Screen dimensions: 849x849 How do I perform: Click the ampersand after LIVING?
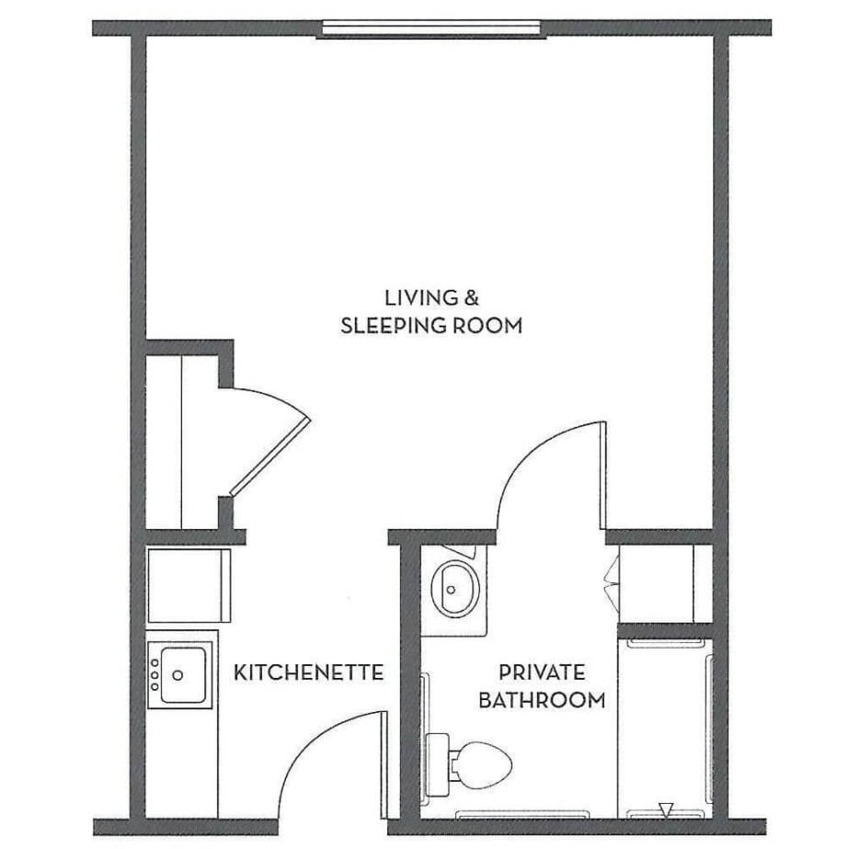pyautogui.click(x=470, y=298)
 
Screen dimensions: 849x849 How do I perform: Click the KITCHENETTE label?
pyautogui.click(x=308, y=672)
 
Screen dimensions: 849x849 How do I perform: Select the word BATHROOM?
pyautogui.click(x=542, y=700)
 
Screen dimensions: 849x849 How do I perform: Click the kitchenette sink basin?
pyautogui.click(x=181, y=675)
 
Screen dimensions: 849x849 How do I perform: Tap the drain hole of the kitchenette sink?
pyautogui.click(x=178, y=675)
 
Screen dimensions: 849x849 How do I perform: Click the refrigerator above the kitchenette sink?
pyautogui.click(x=189, y=585)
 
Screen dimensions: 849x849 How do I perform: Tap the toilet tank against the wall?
pyautogui.click(x=439, y=762)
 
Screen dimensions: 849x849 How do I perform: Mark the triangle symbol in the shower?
pyautogui.click(x=666, y=809)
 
